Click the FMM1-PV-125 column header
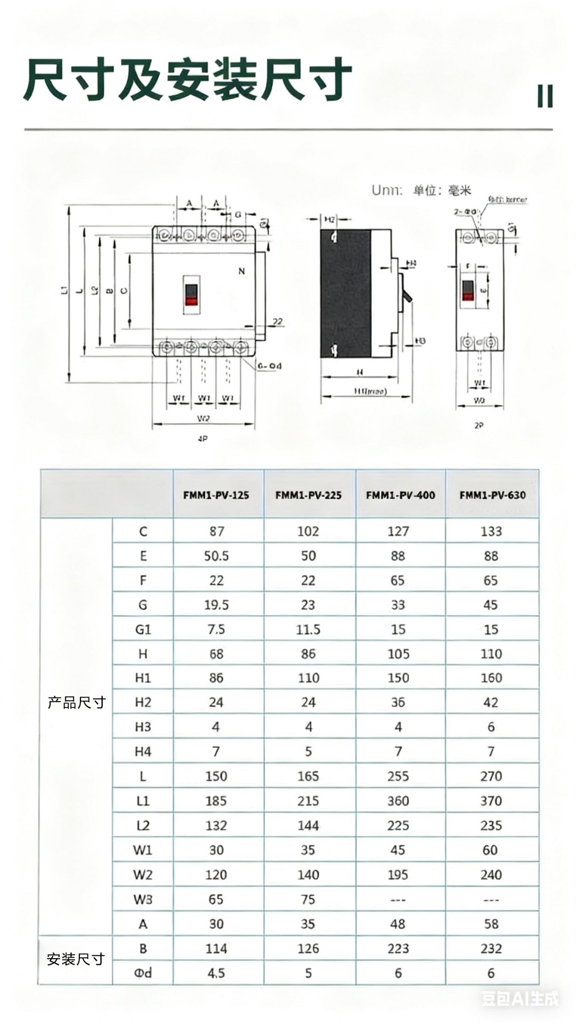(216, 495)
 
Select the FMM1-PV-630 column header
(492, 495)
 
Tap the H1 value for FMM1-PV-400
(398, 678)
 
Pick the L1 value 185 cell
(216, 801)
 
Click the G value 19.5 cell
(216, 605)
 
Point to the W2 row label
(143, 875)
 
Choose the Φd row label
(143, 973)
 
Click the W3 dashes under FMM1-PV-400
(398, 899)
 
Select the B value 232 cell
(491, 948)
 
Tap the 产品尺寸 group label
(76, 702)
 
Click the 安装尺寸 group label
(76, 959)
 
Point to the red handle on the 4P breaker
(192, 301)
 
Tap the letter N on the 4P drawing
(241, 271)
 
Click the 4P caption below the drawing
(203, 438)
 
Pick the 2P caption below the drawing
(479, 425)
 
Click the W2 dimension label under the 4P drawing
(204, 419)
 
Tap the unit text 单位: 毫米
(442, 190)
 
